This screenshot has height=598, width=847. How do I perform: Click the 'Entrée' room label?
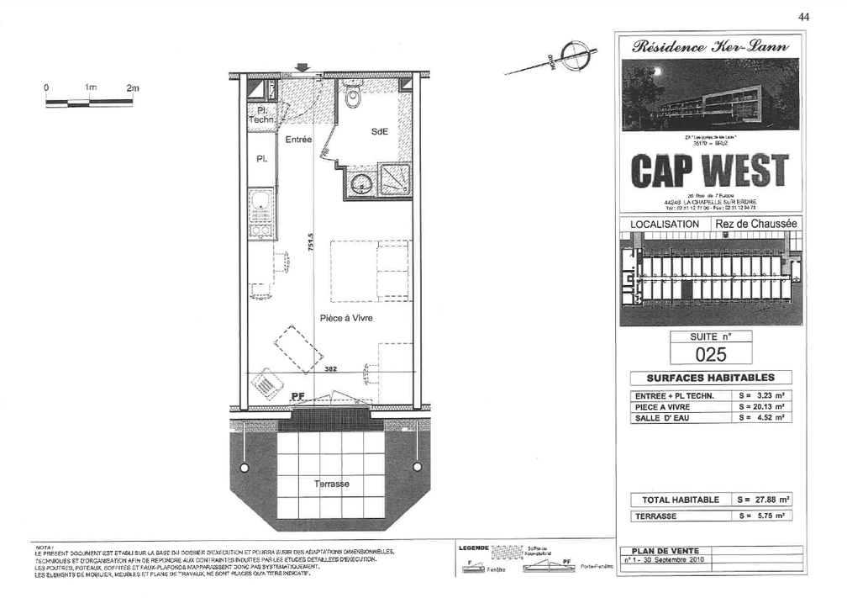coord(298,140)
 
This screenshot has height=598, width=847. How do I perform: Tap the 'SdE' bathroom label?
coord(378,132)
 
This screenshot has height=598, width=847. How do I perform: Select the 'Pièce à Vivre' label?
coord(345,318)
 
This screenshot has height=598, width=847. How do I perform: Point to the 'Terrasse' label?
coord(331,484)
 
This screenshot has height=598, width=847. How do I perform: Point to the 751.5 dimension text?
coord(310,242)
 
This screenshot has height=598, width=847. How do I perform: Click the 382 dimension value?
coord(330,369)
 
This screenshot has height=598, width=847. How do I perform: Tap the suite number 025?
coord(710,354)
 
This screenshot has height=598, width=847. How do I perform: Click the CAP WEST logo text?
coord(710,172)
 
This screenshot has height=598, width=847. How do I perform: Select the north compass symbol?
coord(571,57)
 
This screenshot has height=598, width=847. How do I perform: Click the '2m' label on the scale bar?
coord(132,87)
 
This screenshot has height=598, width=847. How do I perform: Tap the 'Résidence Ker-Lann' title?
coord(710,47)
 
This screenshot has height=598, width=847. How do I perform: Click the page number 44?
coord(803,17)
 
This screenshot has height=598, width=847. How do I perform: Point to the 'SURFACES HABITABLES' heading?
coord(710,378)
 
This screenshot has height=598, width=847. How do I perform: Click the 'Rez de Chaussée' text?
coord(755,224)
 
